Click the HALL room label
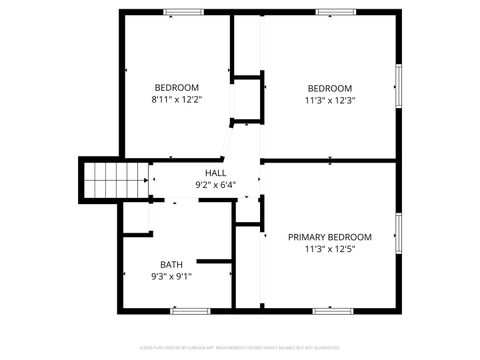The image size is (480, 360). click(x=215, y=173)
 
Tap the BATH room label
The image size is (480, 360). click(x=171, y=264)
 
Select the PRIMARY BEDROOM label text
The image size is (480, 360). click(x=329, y=237)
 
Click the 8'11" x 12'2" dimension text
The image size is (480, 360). click(x=177, y=100)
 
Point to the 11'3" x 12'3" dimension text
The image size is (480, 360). click(x=330, y=100)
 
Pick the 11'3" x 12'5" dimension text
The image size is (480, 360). click(x=329, y=249)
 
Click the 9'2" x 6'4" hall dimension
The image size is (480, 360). click(x=215, y=185)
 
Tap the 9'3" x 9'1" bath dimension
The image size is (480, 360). click(x=171, y=276)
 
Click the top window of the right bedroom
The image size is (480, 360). click(x=334, y=12)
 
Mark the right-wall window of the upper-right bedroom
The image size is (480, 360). click(x=398, y=86)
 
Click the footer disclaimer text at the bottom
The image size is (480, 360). click(x=240, y=349)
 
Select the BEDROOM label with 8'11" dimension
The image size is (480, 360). click(x=176, y=87)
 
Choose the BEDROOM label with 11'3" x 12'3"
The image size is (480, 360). click(x=330, y=87)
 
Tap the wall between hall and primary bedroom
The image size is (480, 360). click(x=330, y=160)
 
